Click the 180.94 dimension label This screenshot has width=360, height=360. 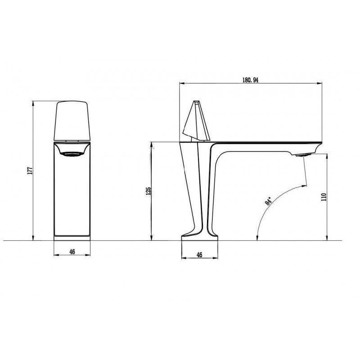(250, 80)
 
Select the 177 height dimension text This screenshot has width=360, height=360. (30, 171)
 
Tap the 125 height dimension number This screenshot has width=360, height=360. (148, 191)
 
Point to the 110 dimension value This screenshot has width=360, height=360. (324, 197)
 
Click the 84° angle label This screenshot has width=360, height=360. (268, 201)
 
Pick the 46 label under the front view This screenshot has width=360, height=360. (72, 252)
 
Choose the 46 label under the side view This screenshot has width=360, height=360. (199, 255)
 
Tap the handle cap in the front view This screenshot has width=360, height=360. (72, 121)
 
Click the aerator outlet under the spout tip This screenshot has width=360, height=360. (303, 155)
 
